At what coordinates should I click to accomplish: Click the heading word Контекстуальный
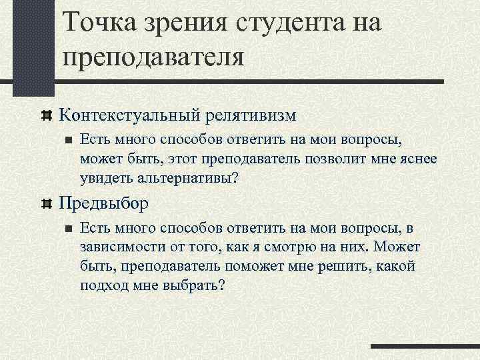(x=126, y=115)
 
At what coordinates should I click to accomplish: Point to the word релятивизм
(x=247, y=115)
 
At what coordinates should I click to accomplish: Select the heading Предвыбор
(x=104, y=202)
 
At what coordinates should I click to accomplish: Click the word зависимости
(x=119, y=247)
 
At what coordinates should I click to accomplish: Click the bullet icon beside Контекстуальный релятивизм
(x=47, y=115)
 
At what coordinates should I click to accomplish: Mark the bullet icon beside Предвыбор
(x=47, y=203)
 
